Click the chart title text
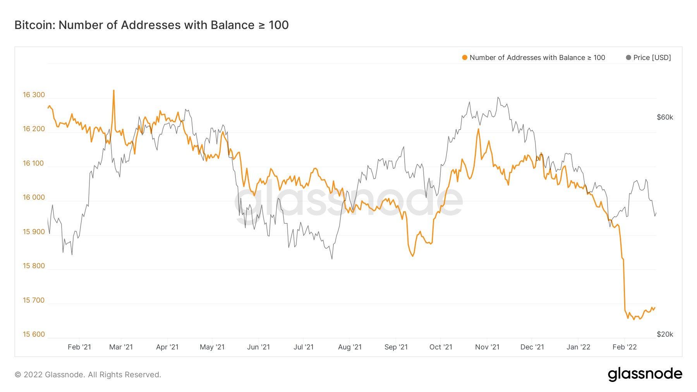[x=151, y=25]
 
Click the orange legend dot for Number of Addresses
[x=465, y=58]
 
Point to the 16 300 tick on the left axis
[x=34, y=95]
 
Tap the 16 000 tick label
[x=34, y=197]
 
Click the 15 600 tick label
[x=34, y=334]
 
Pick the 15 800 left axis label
[x=34, y=266]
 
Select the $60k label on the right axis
[x=665, y=117]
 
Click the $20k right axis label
[x=665, y=334]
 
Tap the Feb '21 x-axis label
[x=79, y=347]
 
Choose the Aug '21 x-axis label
[x=350, y=347]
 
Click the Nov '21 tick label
[x=487, y=347]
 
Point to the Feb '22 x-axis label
[x=625, y=347]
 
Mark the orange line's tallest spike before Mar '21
[x=113, y=91]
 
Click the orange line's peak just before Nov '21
[x=479, y=129]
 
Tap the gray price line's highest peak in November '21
[x=498, y=98]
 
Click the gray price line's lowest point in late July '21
[x=332, y=258]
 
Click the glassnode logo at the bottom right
[x=645, y=374]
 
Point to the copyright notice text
[x=88, y=375]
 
